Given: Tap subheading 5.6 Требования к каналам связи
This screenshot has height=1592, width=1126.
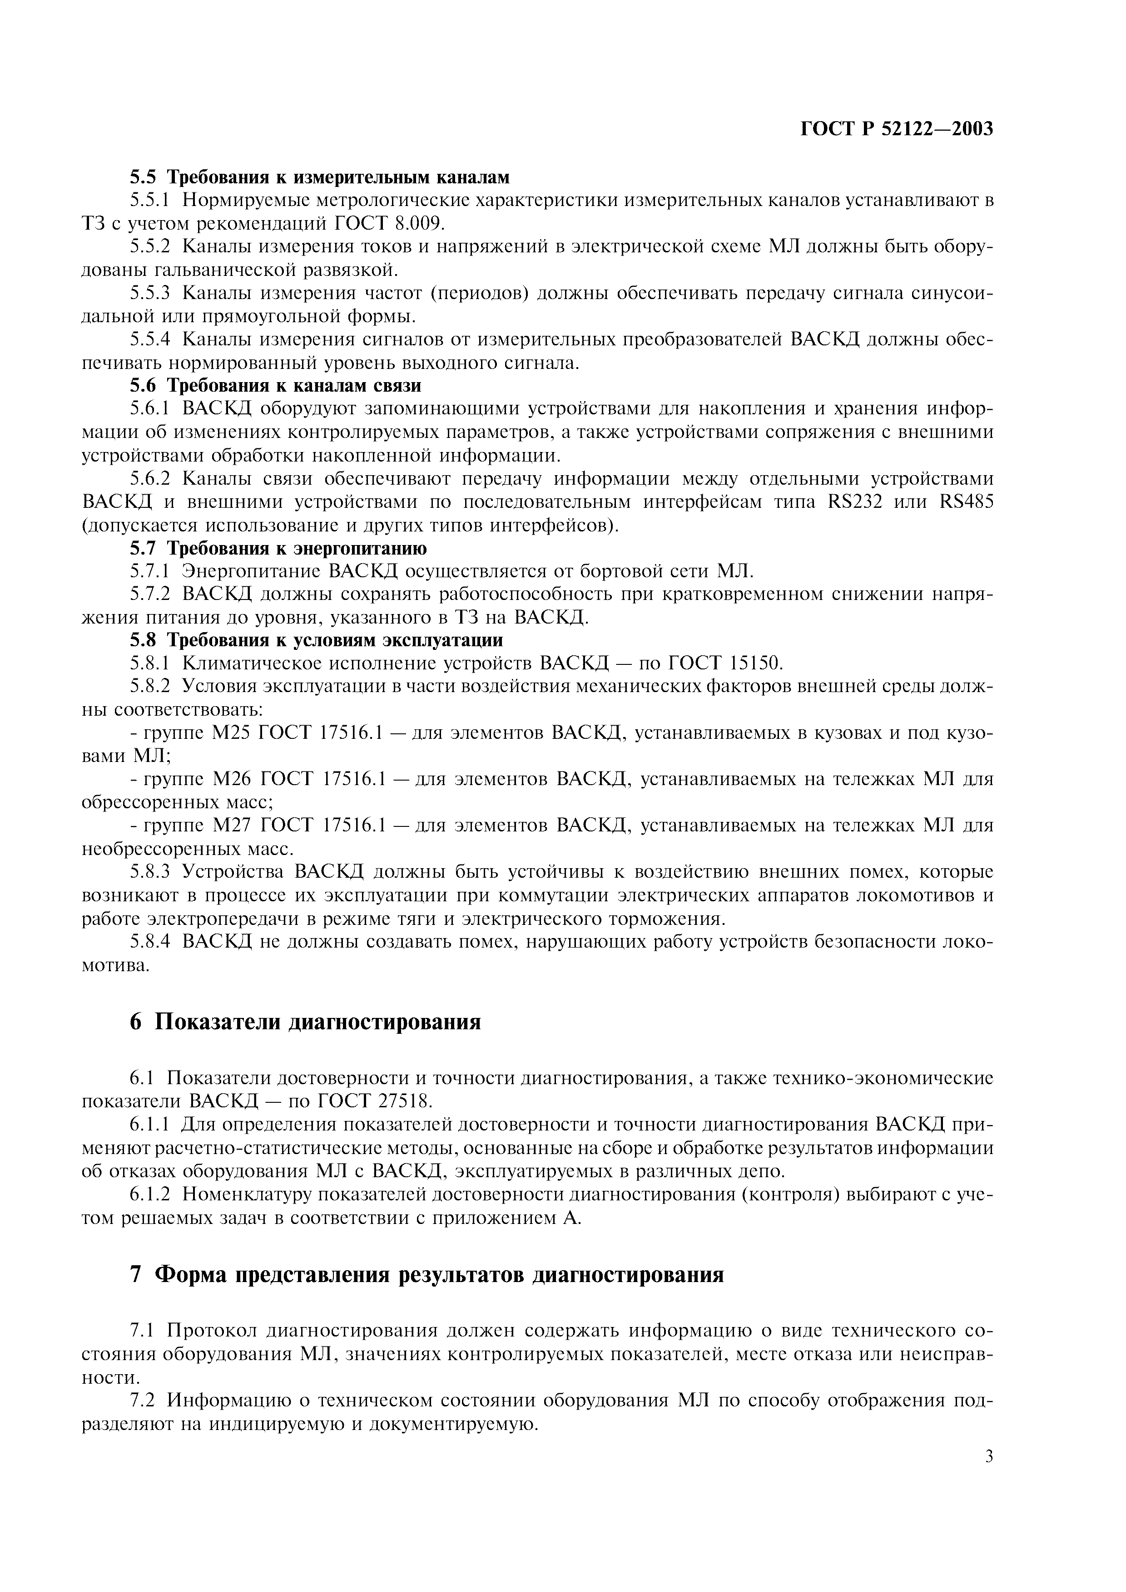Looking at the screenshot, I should [x=275, y=385].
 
